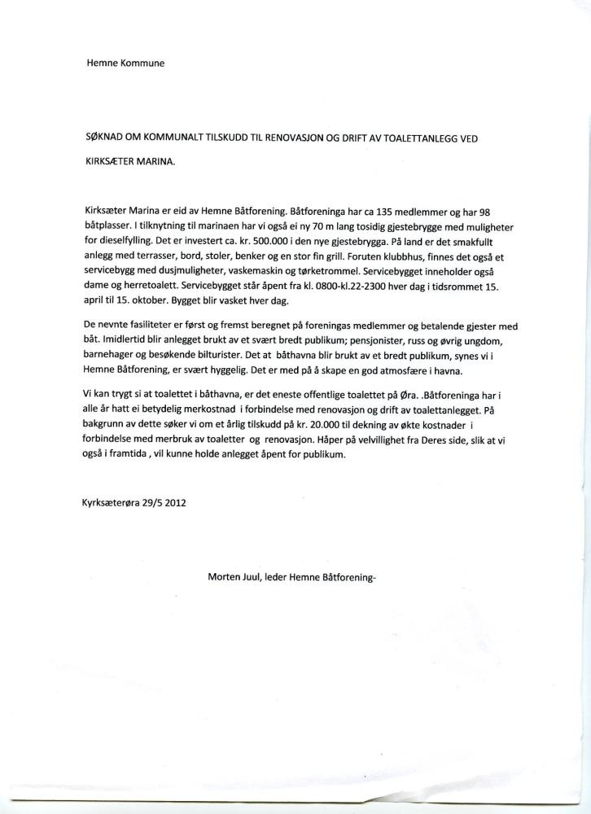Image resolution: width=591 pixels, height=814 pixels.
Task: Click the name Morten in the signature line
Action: point(225,580)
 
